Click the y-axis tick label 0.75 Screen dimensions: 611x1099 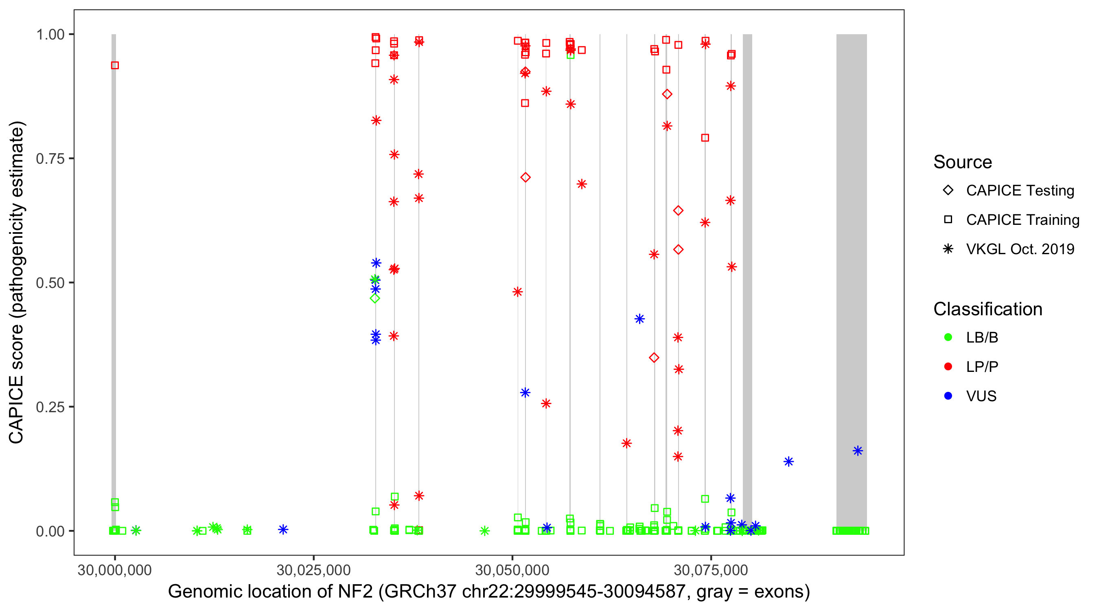[50, 158]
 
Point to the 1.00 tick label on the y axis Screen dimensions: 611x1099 [50, 34]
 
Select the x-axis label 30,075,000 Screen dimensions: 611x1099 [711, 570]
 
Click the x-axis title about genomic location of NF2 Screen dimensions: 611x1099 [488, 592]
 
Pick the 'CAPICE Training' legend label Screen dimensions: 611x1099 [1022, 220]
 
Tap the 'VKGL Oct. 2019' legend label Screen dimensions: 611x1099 [1020, 249]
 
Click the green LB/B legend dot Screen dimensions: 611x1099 [948, 337]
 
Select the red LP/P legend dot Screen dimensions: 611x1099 [948, 367]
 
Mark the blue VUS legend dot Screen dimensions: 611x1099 [948, 396]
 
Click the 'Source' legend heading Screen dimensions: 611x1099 [962, 162]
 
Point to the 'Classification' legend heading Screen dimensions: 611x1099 [987, 309]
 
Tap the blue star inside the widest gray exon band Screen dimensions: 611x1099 [858, 451]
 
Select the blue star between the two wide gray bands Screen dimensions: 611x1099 [788, 462]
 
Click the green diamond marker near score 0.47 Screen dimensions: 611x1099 [375, 299]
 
